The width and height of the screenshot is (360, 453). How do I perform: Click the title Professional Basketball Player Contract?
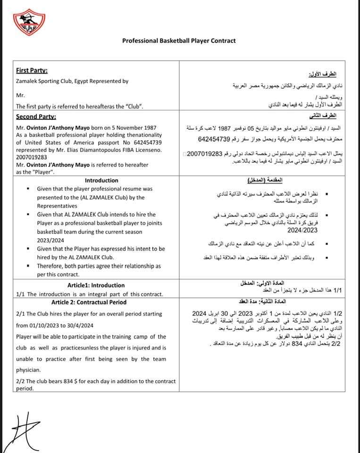pyautogui.click(x=179, y=41)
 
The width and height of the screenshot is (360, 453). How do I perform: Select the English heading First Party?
pyautogui.click(x=32, y=70)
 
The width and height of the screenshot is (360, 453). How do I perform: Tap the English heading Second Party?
pyautogui.click(x=36, y=117)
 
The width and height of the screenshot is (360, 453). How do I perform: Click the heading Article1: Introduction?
pyautogui.click(x=96, y=285)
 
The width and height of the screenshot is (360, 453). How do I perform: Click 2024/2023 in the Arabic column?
pyautogui.click(x=302, y=230)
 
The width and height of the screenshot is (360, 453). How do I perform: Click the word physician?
pyautogui.click(x=28, y=370)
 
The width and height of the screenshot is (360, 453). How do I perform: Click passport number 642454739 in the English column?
pyautogui.click(x=144, y=142)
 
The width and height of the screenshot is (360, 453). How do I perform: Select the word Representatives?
pyautogui.click(x=58, y=206)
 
